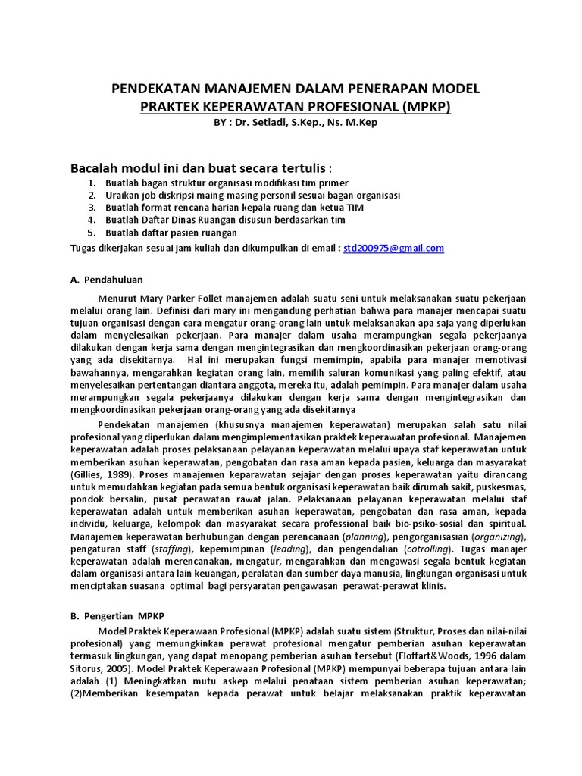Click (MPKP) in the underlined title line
coord(426,106)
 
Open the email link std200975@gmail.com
coord(393,248)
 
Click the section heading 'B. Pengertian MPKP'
coord(117,616)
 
